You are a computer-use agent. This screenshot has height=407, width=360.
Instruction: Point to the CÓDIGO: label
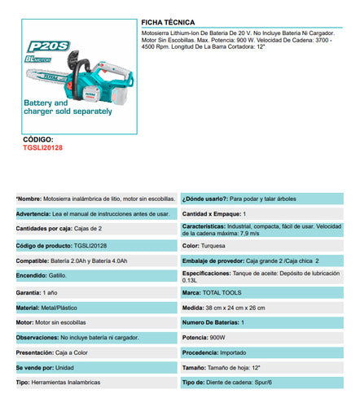click(40, 140)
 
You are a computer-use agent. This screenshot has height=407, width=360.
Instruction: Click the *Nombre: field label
click(30, 199)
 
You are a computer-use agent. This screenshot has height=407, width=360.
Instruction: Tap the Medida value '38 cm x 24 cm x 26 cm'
click(249, 307)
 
